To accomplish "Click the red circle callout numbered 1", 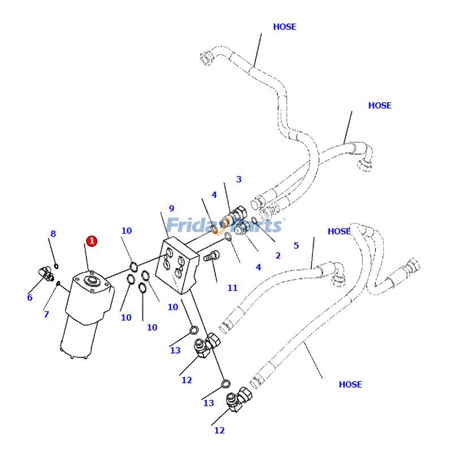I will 92,241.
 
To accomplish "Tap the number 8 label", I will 53,234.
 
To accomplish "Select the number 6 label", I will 29,298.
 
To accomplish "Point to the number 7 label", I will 46,314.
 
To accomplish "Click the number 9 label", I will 171,209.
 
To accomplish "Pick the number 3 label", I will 238,180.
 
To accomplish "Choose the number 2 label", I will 277,255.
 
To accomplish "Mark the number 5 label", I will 296,246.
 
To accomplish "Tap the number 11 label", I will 232,288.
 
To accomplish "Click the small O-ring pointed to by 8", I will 56,266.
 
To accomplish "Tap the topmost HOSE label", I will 284,27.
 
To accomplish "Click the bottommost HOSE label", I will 350,384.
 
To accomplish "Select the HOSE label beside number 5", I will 339,231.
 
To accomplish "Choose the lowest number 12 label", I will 219,431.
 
